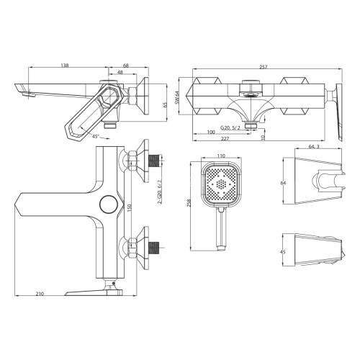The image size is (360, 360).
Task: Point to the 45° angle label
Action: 95,135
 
